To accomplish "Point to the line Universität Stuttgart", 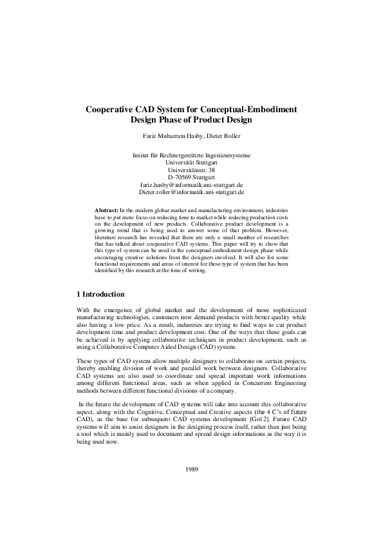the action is click(x=191, y=163).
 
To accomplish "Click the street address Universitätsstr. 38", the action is click(x=191, y=170).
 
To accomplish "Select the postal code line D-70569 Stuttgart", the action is click(x=191, y=177).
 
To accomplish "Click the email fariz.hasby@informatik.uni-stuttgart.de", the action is click(x=191, y=184).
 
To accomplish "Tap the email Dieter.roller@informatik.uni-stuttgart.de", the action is click(x=191, y=192).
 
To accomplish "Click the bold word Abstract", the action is click(x=106, y=211).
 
